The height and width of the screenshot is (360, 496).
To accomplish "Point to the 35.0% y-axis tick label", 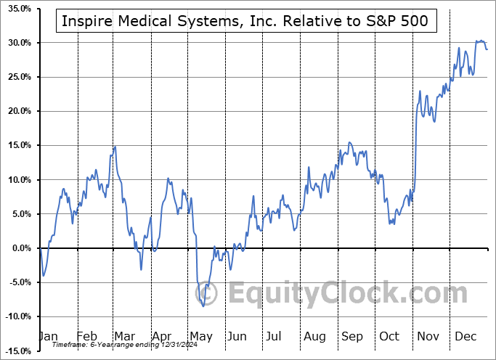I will click(x=16, y=9).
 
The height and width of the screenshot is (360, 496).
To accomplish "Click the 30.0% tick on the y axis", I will click(x=16, y=43).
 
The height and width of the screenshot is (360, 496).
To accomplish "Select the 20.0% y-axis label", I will click(x=16, y=111).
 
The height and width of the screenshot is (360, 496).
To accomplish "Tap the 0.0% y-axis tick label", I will click(x=18, y=248).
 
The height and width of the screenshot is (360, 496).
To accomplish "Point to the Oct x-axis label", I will click(x=390, y=337).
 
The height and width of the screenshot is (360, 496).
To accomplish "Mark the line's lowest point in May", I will click(x=204, y=306).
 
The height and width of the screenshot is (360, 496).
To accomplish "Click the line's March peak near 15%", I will click(x=115, y=147).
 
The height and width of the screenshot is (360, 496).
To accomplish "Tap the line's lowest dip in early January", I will click(x=44, y=276).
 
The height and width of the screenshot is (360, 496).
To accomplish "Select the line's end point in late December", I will click(x=487, y=49).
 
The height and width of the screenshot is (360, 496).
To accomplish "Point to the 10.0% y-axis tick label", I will click(x=16, y=180).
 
